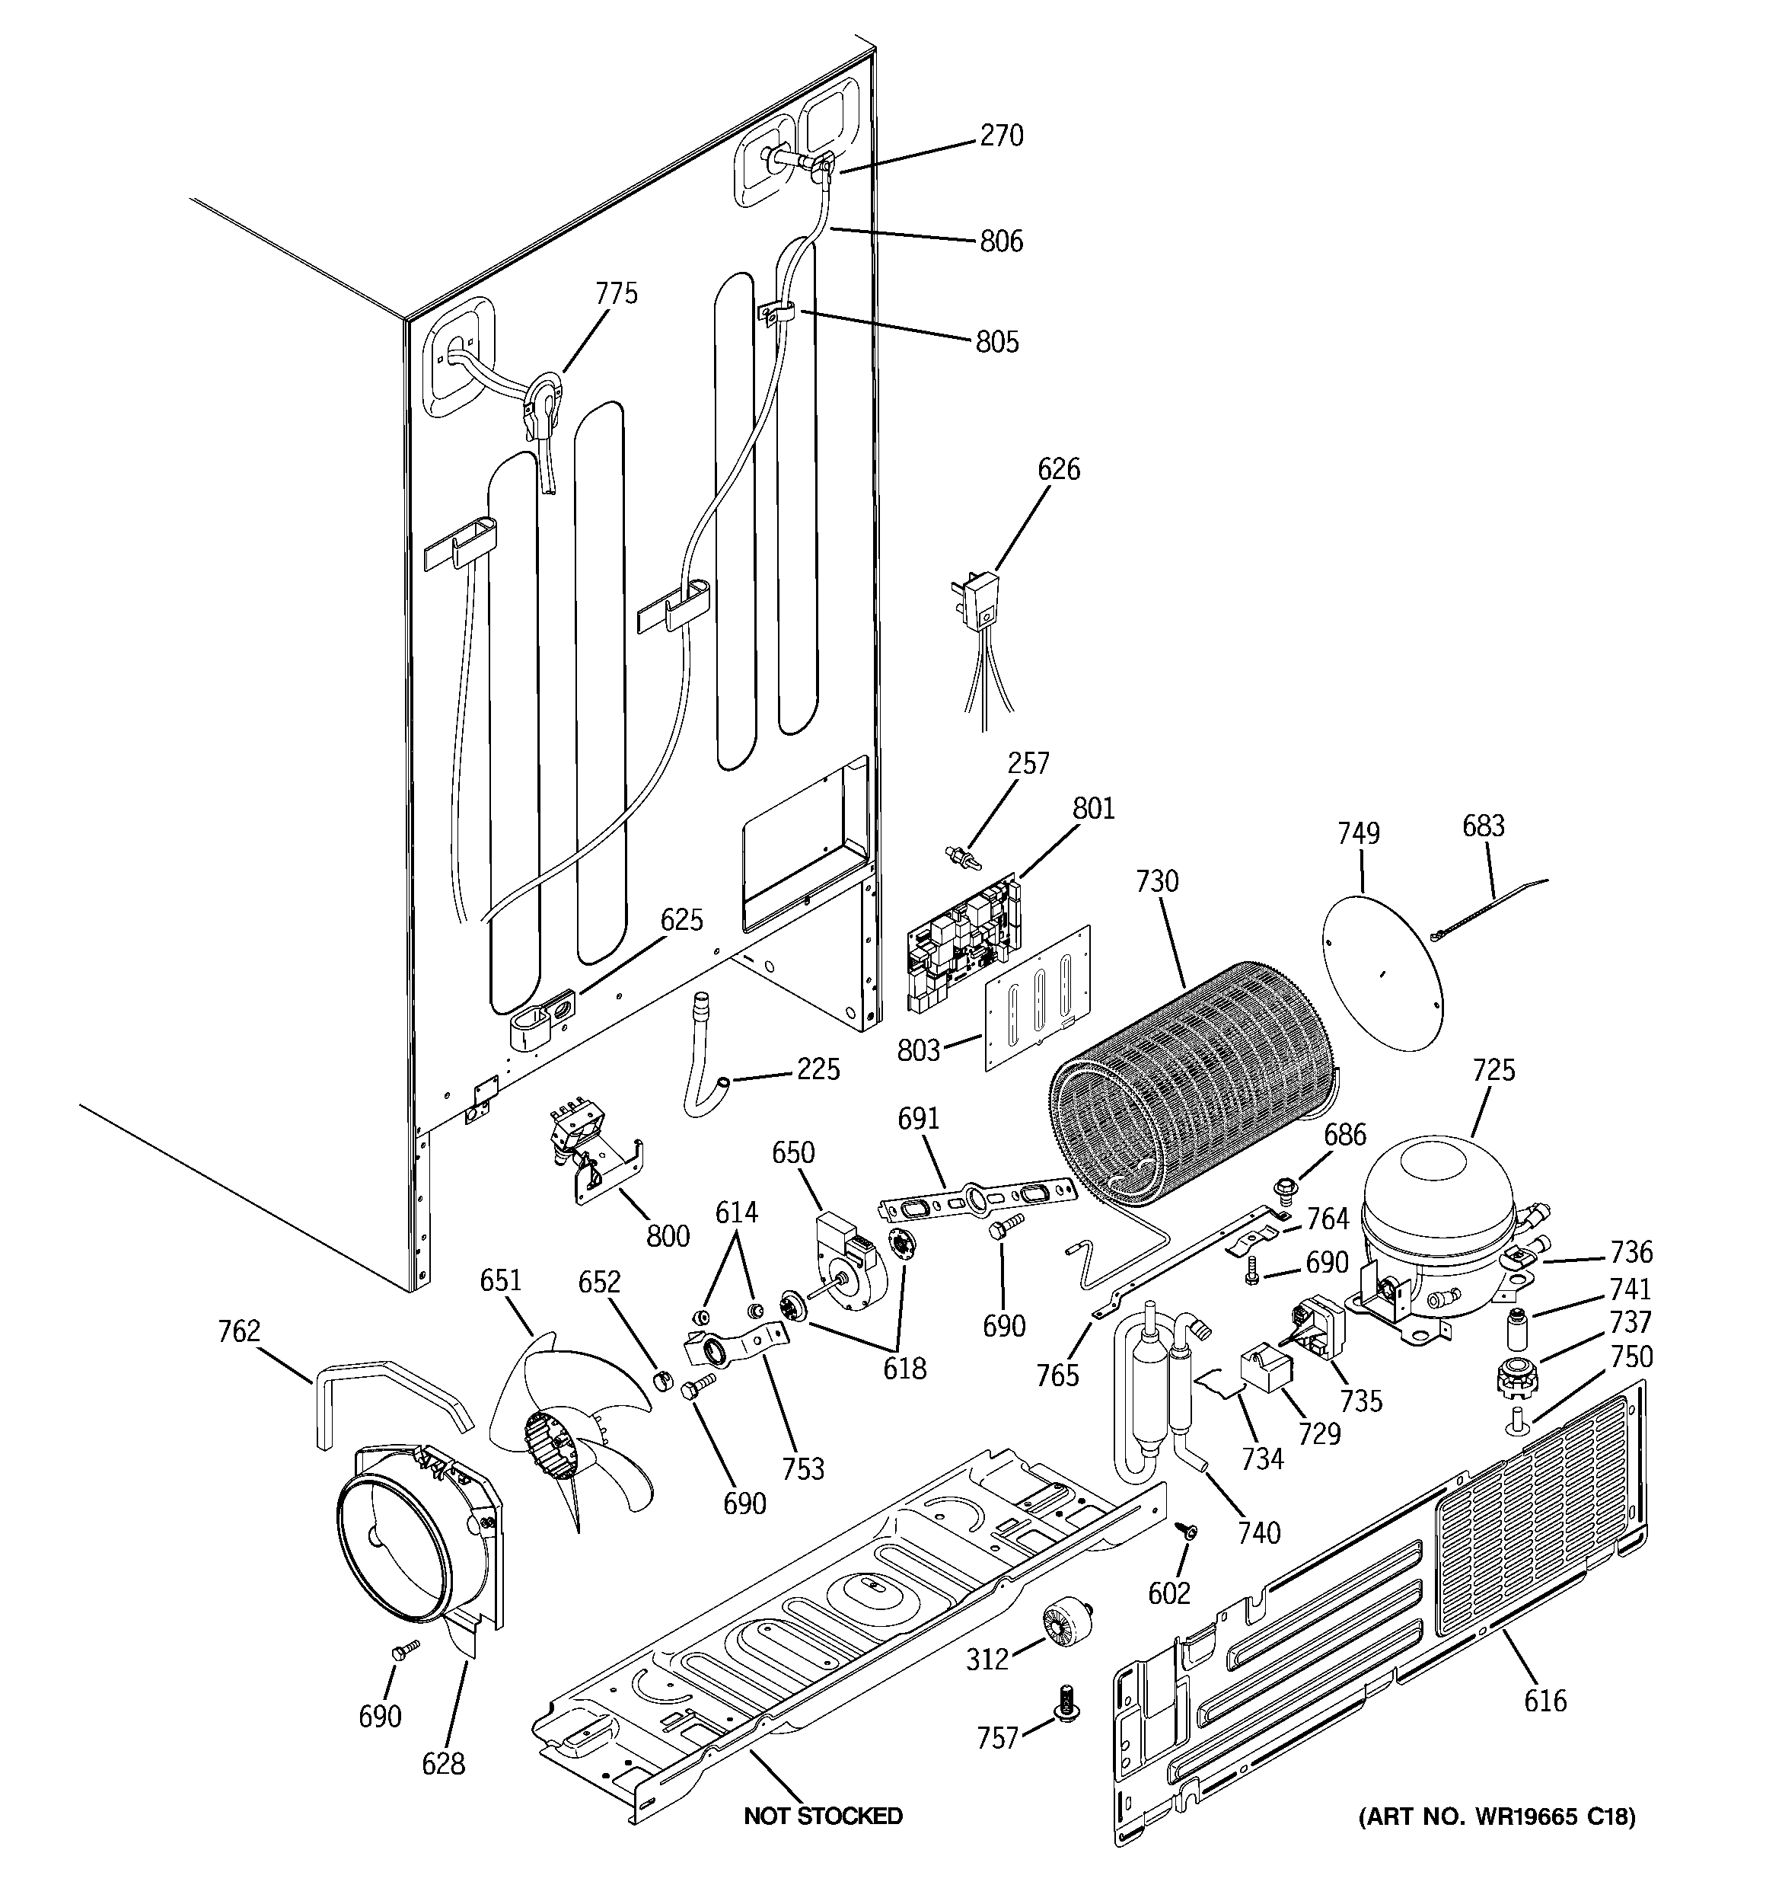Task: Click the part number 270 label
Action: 1001,136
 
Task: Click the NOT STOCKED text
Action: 823,1816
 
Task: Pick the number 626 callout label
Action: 1058,469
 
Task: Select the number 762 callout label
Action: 238,1332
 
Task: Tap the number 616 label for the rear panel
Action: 1544,1701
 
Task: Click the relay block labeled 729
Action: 1264,1371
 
